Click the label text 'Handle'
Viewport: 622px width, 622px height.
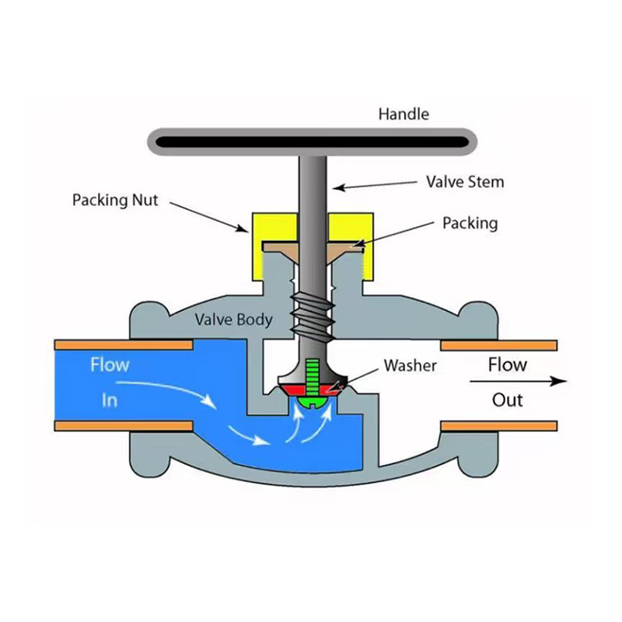click(x=403, y=114)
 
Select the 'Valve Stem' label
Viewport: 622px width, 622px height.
click(x=465, y=182)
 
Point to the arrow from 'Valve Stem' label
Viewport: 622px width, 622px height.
click(x=374, y=185)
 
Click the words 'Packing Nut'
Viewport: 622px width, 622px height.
click(x=115, y=200)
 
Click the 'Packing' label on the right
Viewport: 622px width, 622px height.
click(x=470, y=223)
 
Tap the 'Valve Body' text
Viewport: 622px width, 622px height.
click(x=233, y=320)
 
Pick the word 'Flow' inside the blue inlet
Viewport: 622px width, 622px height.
click(x=110, y=364)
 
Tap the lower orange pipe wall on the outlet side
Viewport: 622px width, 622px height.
click(x=498, y=425)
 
